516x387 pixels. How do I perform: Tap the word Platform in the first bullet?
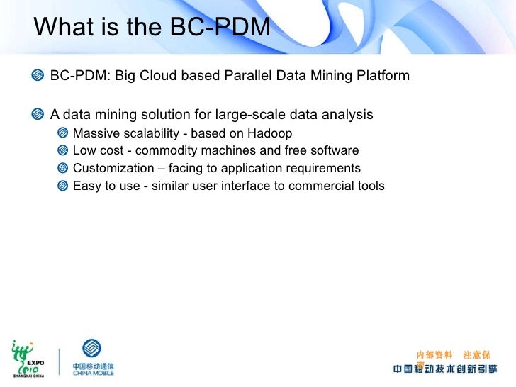tap(384, 75)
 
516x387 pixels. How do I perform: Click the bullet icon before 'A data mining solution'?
tap(38, 115)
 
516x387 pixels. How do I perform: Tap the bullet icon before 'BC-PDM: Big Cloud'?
tap(38, 76)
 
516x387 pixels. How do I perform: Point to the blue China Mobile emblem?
tap(92, 349)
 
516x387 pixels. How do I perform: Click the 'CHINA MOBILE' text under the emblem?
tap(93, 372)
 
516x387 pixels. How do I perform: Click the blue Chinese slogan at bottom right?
tap(445, 369)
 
